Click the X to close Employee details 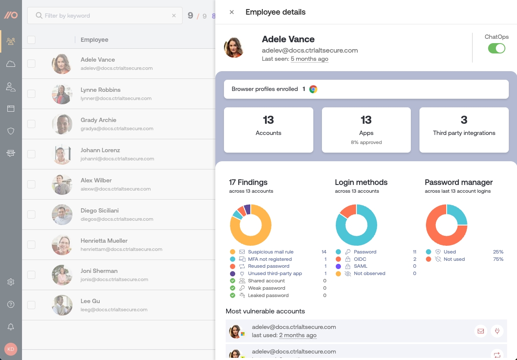coord(232,12)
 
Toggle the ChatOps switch coord(496,48)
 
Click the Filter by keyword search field coord(104,16)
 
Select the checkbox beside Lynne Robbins coord(32,94)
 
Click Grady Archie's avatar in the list coord(62,124)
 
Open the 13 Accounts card coord(268,130)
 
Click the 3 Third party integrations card coord(464,130)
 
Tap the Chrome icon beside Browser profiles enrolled coord(313,89)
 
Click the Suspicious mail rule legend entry coord(271,252)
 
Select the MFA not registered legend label coord(270,259)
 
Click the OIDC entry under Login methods coord(360,259)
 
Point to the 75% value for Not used coord(498,259)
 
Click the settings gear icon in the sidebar coord(11,282)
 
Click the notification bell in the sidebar coord(11,327)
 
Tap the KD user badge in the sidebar coord(11,349)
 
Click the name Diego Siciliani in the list coord(99,210)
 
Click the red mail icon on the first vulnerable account coord(480,331)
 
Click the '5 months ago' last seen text coord(309,59)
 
